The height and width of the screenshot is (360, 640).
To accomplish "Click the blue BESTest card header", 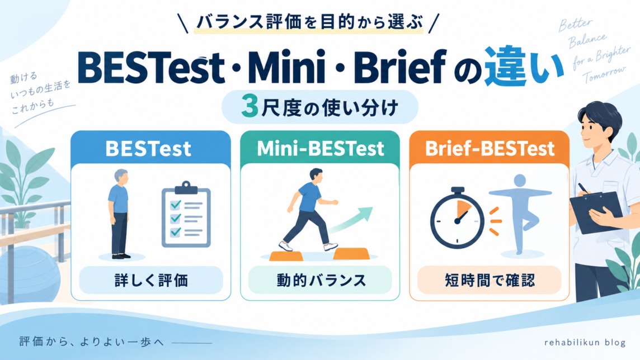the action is tap(150, 148).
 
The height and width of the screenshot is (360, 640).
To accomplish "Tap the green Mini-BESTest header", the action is tap(320, 148).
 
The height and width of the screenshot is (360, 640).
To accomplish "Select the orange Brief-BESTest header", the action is tap(490, 148).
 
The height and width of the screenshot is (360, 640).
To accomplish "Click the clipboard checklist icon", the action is tap(186, 215).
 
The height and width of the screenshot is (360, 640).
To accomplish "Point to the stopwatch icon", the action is tap(457, 218).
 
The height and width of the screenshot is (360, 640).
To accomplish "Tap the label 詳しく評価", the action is tap(151, 281).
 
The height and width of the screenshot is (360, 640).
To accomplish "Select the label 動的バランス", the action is tap(321, 281).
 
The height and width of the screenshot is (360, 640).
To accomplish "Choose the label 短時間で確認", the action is tap(490, 281).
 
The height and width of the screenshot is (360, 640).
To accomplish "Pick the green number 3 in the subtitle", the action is tap(250, 106).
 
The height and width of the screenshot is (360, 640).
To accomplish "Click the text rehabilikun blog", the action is tap(585, 342).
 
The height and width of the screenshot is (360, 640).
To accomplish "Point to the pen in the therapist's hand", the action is tap(583, 188).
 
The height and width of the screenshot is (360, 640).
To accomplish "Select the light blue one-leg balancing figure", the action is tap(520, 214).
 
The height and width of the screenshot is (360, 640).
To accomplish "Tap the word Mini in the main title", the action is tap(286, 66).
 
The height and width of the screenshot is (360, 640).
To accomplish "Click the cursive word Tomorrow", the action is tap(604, 74).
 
